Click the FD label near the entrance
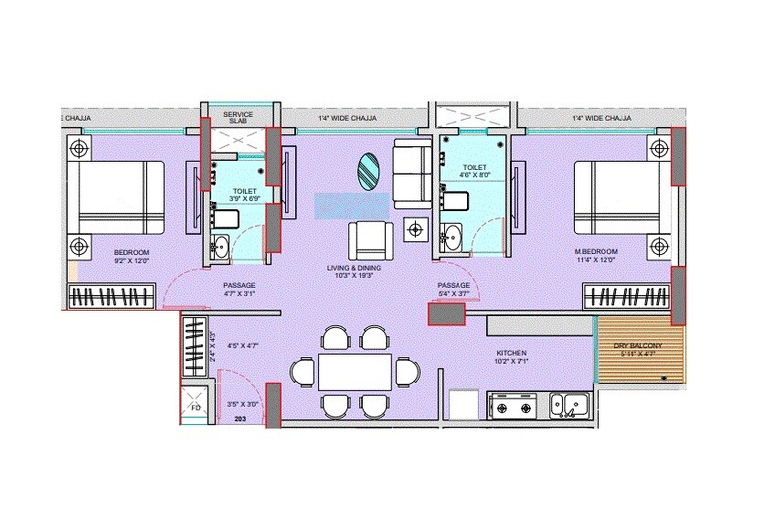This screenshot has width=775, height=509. [195, 407]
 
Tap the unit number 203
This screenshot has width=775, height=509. [240, 419]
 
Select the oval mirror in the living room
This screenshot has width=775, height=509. [367, 172]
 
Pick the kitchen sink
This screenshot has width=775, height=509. [571, 404]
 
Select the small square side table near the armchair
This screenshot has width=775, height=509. [417, 228]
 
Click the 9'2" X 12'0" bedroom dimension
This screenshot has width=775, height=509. [132, 261]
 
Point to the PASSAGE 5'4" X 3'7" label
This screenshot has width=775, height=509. [453, 291]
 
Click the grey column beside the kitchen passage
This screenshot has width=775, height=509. [446, 313]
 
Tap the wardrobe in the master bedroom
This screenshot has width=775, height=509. [628, 297]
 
